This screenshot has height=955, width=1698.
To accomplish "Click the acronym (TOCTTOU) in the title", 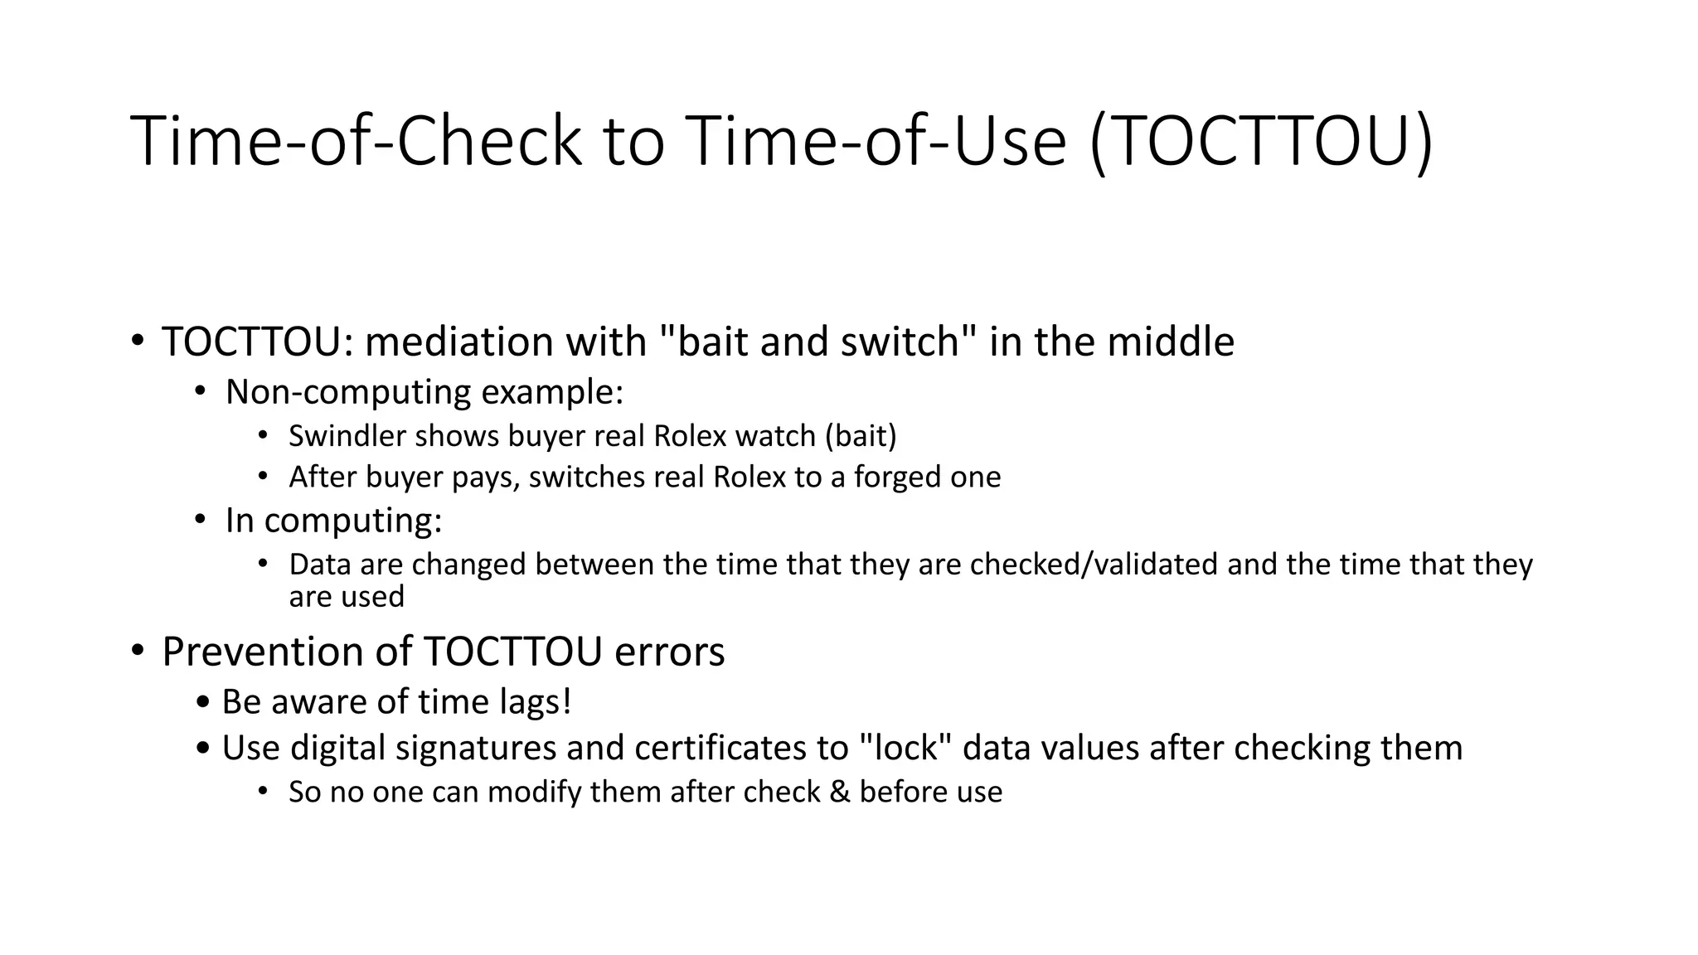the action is (x=1261, y=142).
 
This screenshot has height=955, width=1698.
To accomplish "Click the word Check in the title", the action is (x=490, y=142).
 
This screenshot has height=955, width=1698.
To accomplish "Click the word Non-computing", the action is (x=348, y=391).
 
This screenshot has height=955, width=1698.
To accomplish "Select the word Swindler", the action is (x=347, y=436).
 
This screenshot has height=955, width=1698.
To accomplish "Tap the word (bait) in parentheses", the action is (x=861, y=436).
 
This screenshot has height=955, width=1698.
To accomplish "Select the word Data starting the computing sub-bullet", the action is (x=320, y=565).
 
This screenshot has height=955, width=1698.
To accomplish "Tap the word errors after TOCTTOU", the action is (x=669, y=652).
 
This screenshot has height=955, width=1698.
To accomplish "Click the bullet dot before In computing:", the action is (x=200, y=520).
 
